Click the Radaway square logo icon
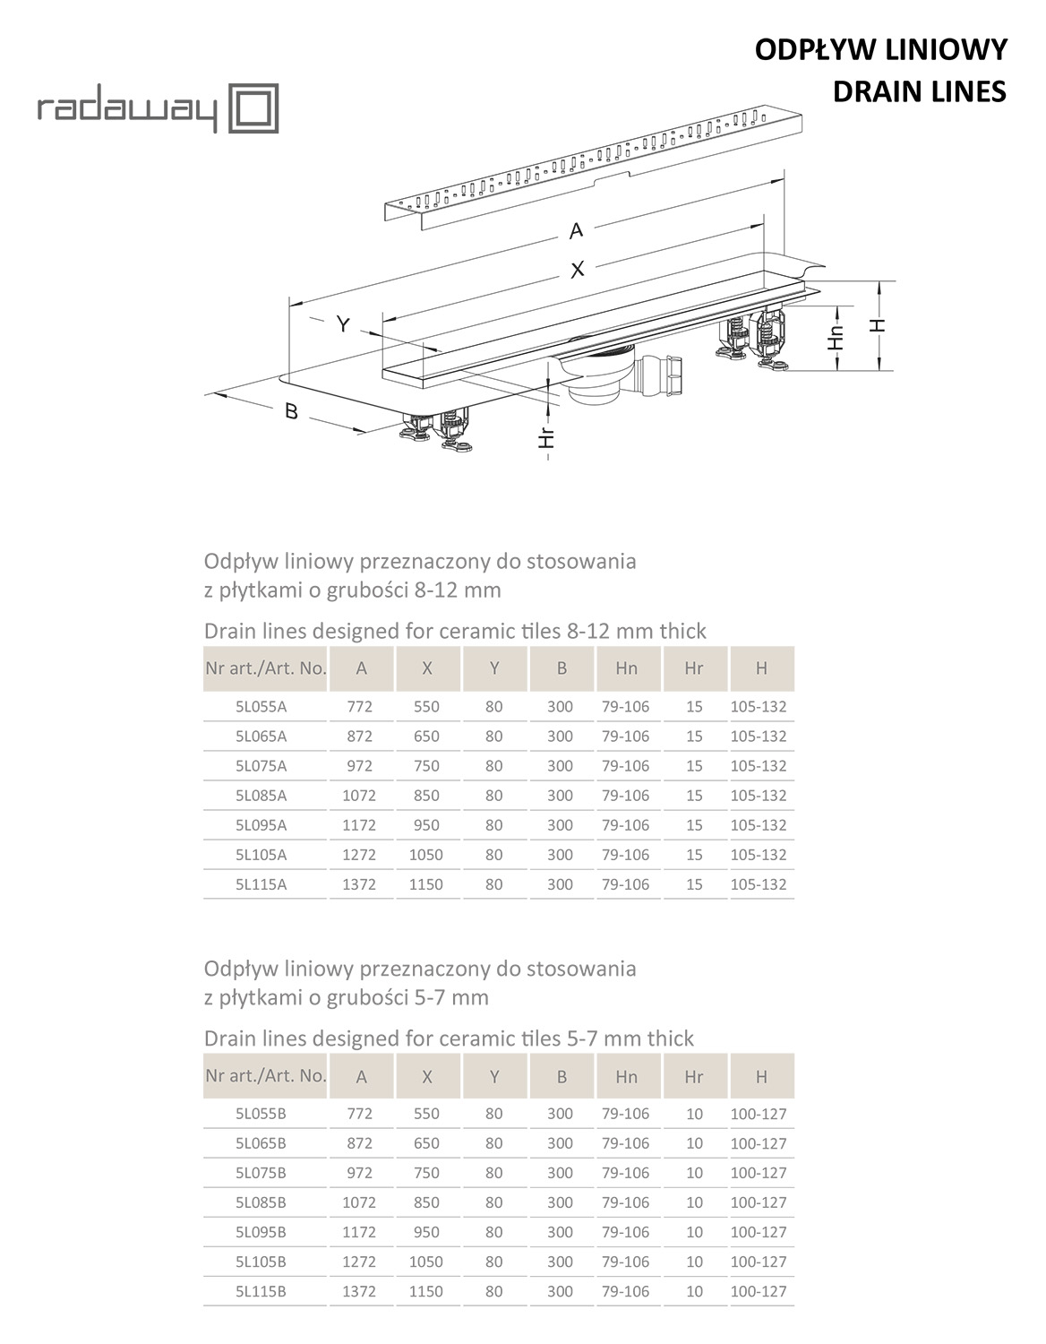pyautogui.click(x=255, y=108)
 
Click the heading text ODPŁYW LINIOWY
pyautogui.click(x=880, y=50)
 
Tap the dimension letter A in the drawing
pyautogui.click(x=576, y=230)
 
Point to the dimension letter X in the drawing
pyautogui.click(x=578, y=268)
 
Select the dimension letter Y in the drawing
pyautogui.click(x=343, y=324)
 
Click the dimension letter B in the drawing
pyautogui.click(x=291, y=411)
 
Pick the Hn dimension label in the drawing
pyautogui.click(x=836, y=337)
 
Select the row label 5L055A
pyautogui.click(x=261, y=707)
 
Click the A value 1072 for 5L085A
pyautogui.click(x=359, y=796)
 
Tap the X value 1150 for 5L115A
pyautogui.click(x=426, y=884)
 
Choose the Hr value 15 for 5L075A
pyautogui.click(x=694, y=766)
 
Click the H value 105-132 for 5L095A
pyautogui.click(x=759, y=825)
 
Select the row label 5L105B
pyautogui.click(x=261, y=1262)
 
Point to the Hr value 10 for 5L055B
pyautogui.click(x=694, y=1115)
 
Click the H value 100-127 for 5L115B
pyautogui.click(x=759, y=1292)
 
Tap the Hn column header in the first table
pyautogui.click(x=627, y=668)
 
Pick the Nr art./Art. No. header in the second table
pyautogui.click(x=265, y=1076)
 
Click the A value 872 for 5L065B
pyautogui.click(x=359, y=1144)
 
